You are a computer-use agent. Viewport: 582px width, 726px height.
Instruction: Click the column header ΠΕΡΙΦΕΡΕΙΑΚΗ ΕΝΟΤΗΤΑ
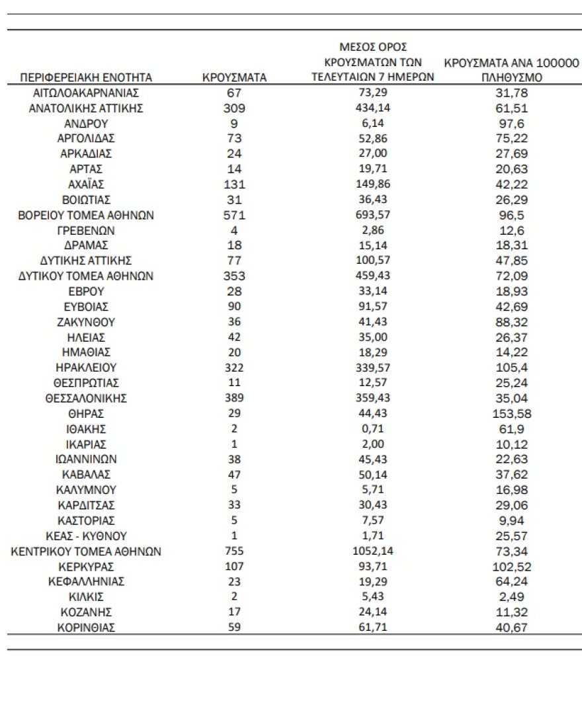[87, 77]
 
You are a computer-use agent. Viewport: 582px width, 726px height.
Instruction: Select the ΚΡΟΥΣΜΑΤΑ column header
[233, 77]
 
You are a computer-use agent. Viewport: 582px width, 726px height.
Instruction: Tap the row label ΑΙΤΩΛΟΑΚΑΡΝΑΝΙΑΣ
[87, 93]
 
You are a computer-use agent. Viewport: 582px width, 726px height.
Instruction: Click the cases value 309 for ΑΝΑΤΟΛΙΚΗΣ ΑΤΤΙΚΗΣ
[233, 108]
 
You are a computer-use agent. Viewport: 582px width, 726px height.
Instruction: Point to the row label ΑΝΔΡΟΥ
[87, 124]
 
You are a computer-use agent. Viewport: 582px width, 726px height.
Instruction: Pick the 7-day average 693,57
[371, 216]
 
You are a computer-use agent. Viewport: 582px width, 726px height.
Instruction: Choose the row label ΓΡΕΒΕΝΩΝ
[87, 231]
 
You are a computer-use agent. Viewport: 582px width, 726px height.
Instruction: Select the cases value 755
[233, 551]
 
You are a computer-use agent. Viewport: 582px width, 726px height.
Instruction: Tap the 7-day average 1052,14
[371, 551]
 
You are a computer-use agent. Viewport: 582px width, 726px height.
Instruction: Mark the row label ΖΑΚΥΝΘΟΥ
[87, 323]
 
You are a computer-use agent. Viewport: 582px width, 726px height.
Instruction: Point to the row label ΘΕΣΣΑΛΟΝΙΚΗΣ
[87, 399]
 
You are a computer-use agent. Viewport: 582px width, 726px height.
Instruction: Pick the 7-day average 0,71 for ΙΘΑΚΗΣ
[371, 429]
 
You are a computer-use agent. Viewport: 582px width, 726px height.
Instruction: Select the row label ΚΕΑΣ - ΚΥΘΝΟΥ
[87, 536]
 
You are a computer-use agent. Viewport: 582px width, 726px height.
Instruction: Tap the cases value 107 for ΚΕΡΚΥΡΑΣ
[233, 567]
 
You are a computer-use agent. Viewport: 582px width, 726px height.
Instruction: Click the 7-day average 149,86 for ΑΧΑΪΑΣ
[371, 184]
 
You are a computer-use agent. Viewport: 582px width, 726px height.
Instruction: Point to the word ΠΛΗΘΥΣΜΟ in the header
[511, 77]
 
